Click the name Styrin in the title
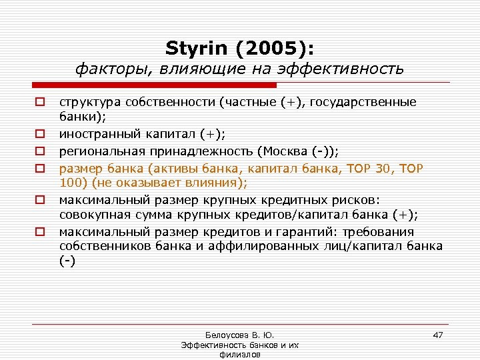click(x=197, y=48)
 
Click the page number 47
click(x=437, y=335)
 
